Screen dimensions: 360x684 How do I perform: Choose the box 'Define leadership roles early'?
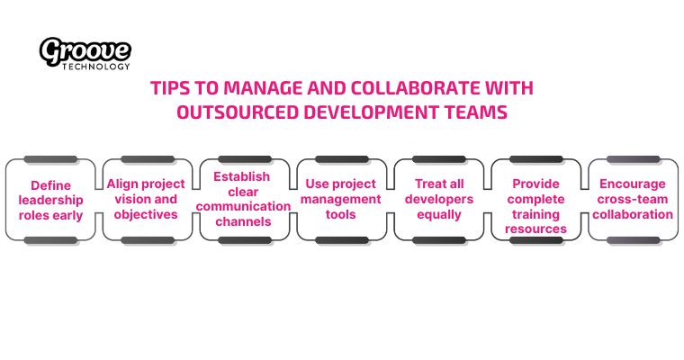point(50,200)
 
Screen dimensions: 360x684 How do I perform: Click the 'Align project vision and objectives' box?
point(146,199)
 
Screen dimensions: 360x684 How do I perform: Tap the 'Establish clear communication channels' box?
point(243,199)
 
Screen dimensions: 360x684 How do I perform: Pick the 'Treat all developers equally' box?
point(438,199)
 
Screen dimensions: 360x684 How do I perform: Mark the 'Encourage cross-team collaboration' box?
point(633,199)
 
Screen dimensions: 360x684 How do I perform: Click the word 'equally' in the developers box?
point(439,214)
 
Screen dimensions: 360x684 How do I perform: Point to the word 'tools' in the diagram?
point(341,214)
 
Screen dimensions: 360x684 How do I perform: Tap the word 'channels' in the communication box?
point(243,221)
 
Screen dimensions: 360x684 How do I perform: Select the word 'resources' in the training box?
point(536,229)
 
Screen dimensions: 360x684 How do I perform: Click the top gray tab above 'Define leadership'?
point(50,160)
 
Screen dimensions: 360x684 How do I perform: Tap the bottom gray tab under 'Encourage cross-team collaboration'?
point(633,240)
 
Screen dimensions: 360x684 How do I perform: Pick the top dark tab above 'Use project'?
point(341,160)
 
